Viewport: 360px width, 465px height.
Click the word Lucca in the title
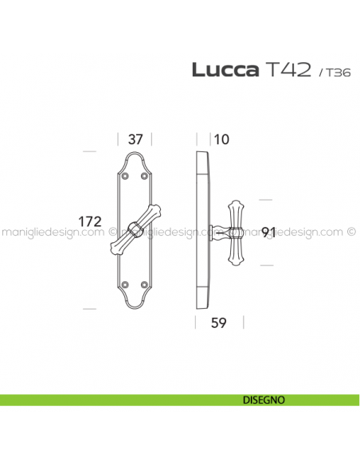click(x=225, y=70)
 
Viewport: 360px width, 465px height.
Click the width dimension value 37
click(x=135, y=139)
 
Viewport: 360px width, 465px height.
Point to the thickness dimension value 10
click(x=221, y=139)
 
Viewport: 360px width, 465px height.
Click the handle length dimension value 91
click(x=269, y=232)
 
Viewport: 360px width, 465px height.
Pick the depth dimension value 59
click(x=219, y=323)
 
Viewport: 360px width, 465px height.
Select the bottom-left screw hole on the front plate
click(x=125, y=283)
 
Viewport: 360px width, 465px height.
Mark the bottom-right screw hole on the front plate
click(x=145, y=283)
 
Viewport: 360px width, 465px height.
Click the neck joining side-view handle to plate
click(x=219, y=232)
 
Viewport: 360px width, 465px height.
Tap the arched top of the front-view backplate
click(x=135, y=154)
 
